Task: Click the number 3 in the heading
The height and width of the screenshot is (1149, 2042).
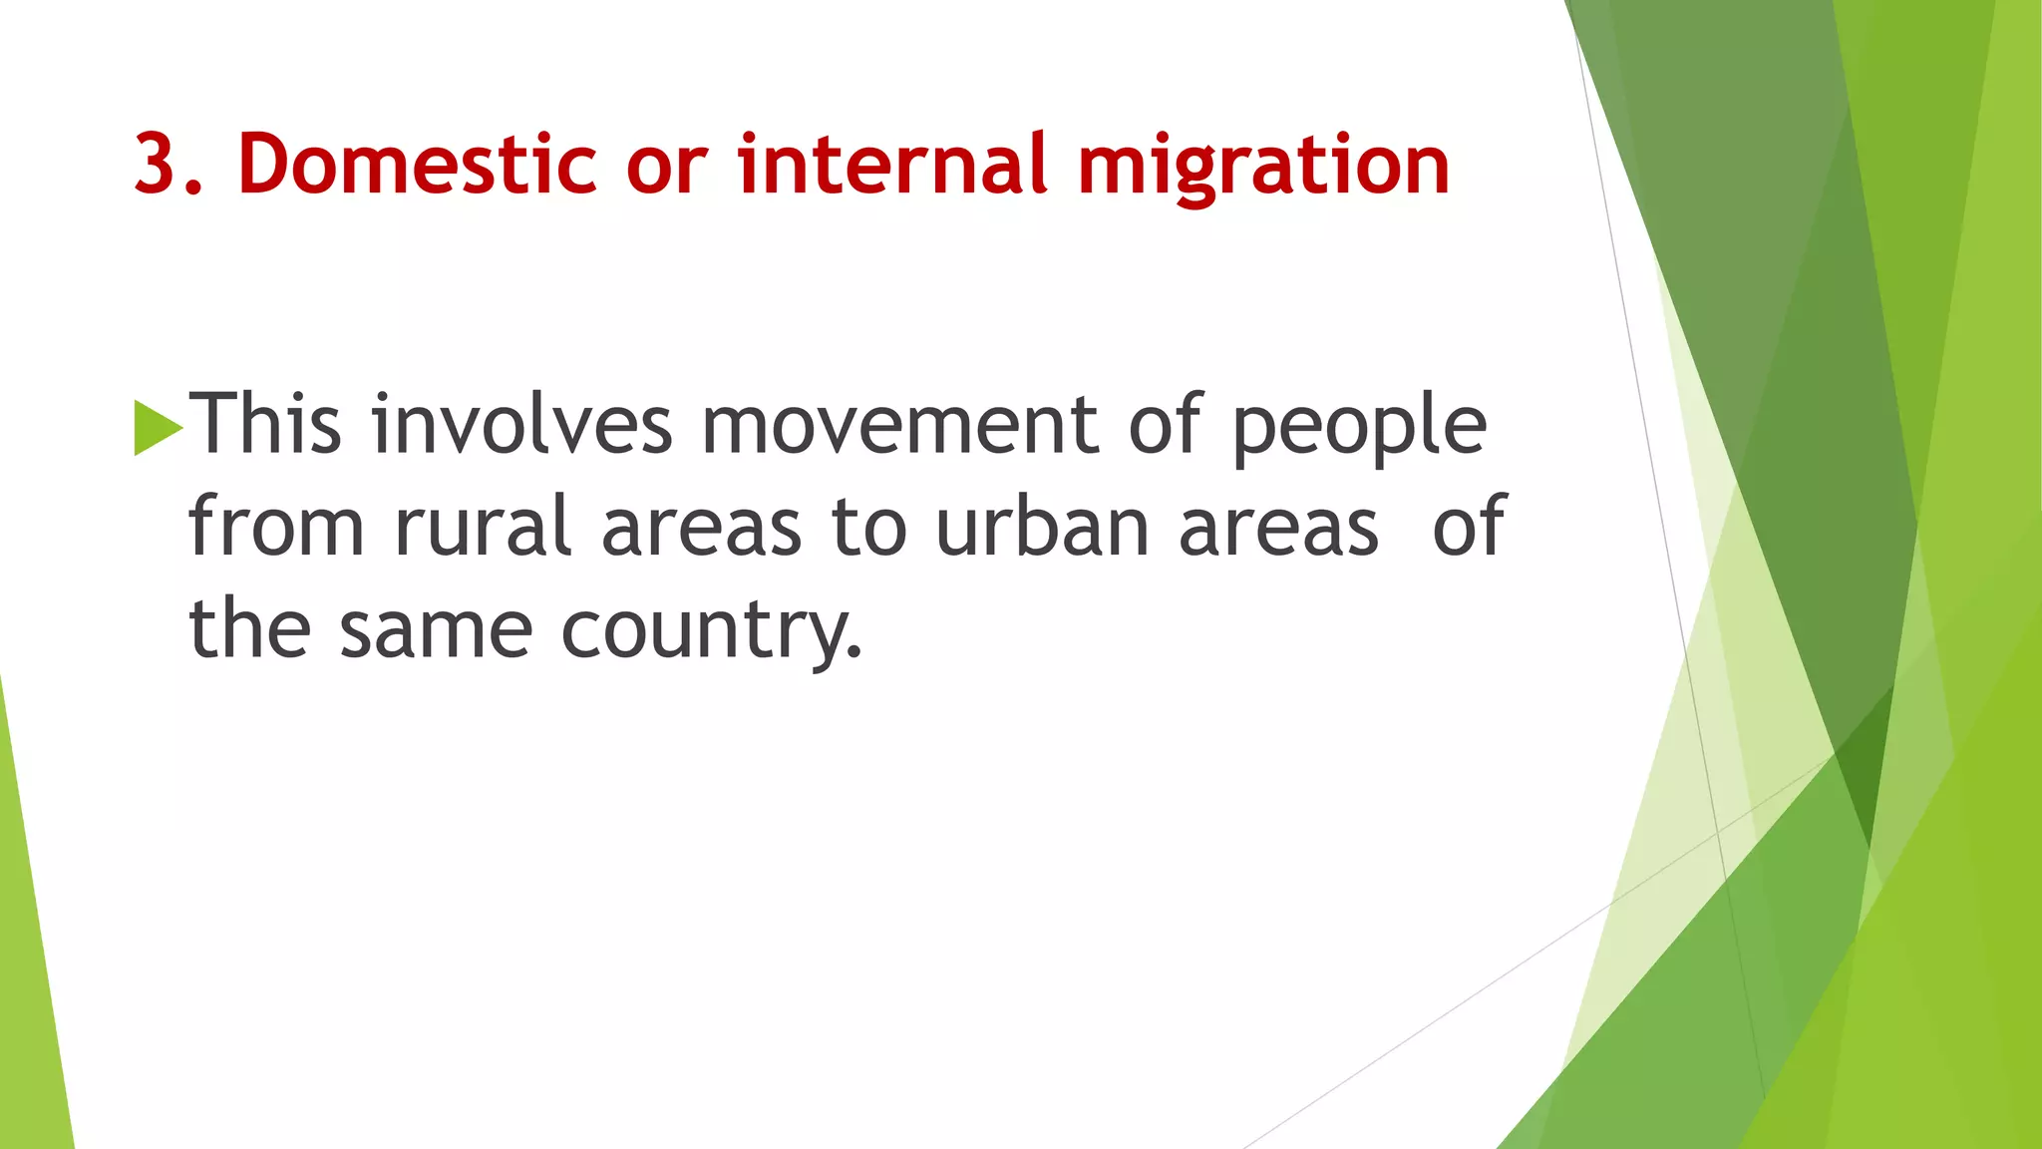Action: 162,163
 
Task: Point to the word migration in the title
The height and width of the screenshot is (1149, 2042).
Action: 1263,167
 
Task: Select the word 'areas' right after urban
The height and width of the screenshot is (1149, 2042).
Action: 1279,529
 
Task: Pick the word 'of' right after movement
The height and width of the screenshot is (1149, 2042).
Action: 1167,424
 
